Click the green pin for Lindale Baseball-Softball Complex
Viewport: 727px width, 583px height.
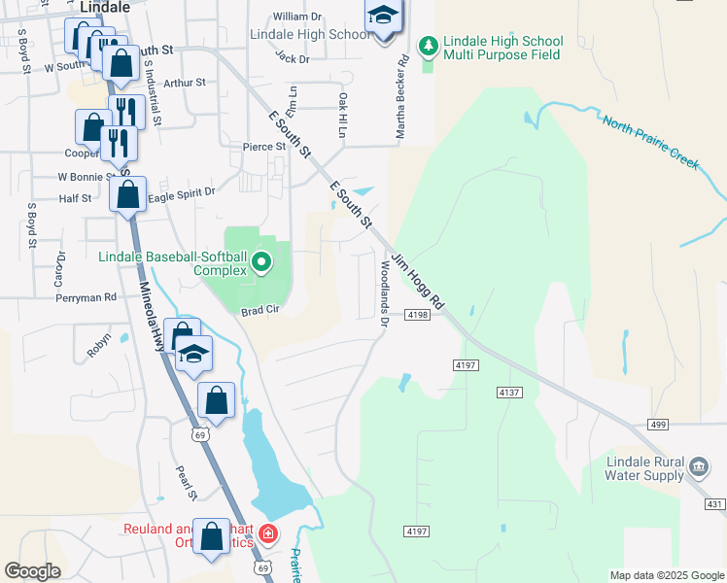(261, 262)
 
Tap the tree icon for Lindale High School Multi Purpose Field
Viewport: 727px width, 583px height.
(428, 46)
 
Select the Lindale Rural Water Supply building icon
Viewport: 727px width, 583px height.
(698, 467)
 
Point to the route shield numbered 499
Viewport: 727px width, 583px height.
(659, 424)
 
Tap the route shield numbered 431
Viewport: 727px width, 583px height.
(715, 503)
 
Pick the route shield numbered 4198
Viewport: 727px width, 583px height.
(418, 316)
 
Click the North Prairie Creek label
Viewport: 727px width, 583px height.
(649, 142)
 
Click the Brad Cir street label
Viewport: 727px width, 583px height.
(260, 311)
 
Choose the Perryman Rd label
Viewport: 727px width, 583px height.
(87, 297)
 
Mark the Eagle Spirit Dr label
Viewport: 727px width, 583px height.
(182, 193)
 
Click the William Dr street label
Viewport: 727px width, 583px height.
(297, 17)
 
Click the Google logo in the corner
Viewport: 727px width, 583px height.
(33, 571)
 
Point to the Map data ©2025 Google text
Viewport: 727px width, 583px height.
(666, 575)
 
